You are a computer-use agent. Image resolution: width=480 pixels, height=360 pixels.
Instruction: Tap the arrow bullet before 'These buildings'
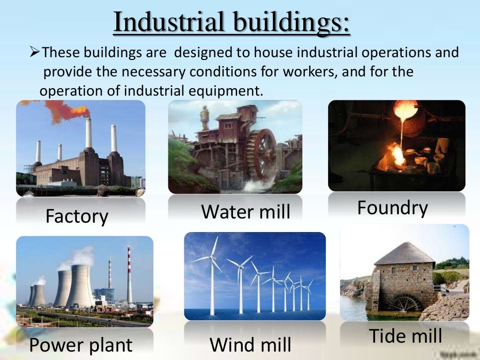tap(35, 52)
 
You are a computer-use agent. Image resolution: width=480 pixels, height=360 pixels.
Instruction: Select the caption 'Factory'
tap(77, 217)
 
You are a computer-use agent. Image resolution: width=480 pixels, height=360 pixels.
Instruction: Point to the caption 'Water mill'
tap(246, 211)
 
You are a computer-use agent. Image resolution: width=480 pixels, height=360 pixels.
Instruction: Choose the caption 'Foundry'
tap(392, 208)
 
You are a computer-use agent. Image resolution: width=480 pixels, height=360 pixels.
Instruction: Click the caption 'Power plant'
tap(81, 345)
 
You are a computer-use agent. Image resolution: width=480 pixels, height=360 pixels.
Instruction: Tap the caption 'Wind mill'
tap(250, 345)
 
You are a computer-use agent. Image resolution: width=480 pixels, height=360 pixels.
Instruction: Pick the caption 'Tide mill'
tap(405, 336)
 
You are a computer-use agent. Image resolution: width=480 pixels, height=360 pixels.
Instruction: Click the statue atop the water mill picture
tap(204, 115)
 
